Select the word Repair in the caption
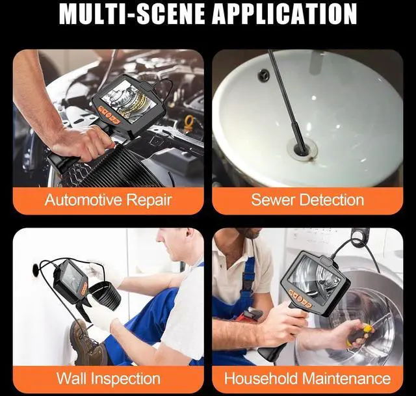(x=150, y=200)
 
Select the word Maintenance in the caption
(x=344, y=378)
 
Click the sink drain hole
(x=301, y=150)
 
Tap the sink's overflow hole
(x=263, y=76)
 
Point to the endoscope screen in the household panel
(x=314, y=274)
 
